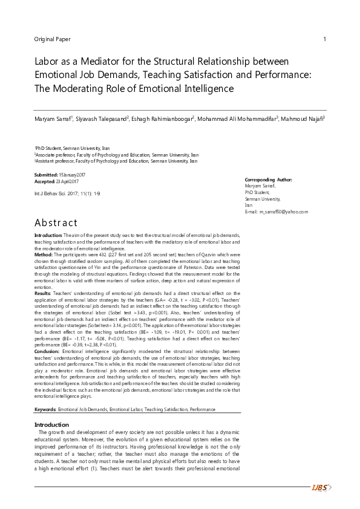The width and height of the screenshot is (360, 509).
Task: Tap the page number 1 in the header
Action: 326,39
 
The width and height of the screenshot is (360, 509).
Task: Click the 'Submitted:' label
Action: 45,174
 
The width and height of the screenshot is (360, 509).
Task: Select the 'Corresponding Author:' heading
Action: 269,180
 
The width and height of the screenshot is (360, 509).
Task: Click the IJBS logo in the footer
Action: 320,487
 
